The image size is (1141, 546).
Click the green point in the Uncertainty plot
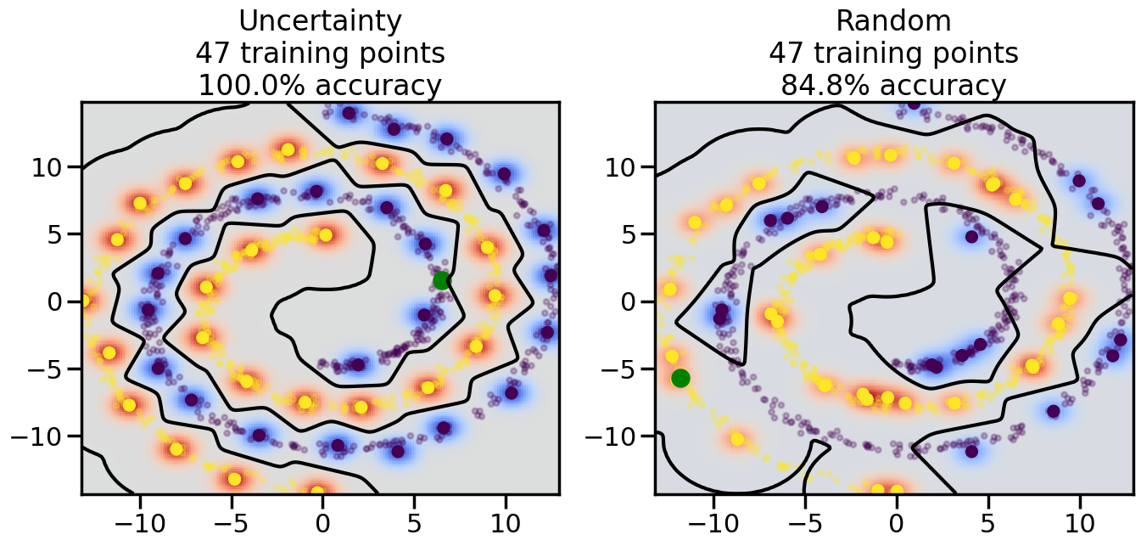click(441, 280)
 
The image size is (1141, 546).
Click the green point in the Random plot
click(680, 378)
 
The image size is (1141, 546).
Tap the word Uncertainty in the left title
click(320, 20)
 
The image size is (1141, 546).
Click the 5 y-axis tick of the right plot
click(632, 234)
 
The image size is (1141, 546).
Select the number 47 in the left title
click(213, 53)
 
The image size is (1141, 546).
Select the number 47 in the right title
click(786, 53)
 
